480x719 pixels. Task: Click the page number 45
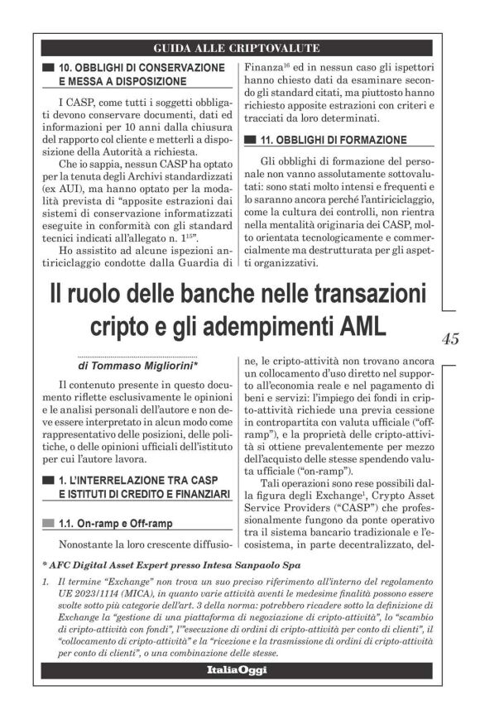451,338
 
